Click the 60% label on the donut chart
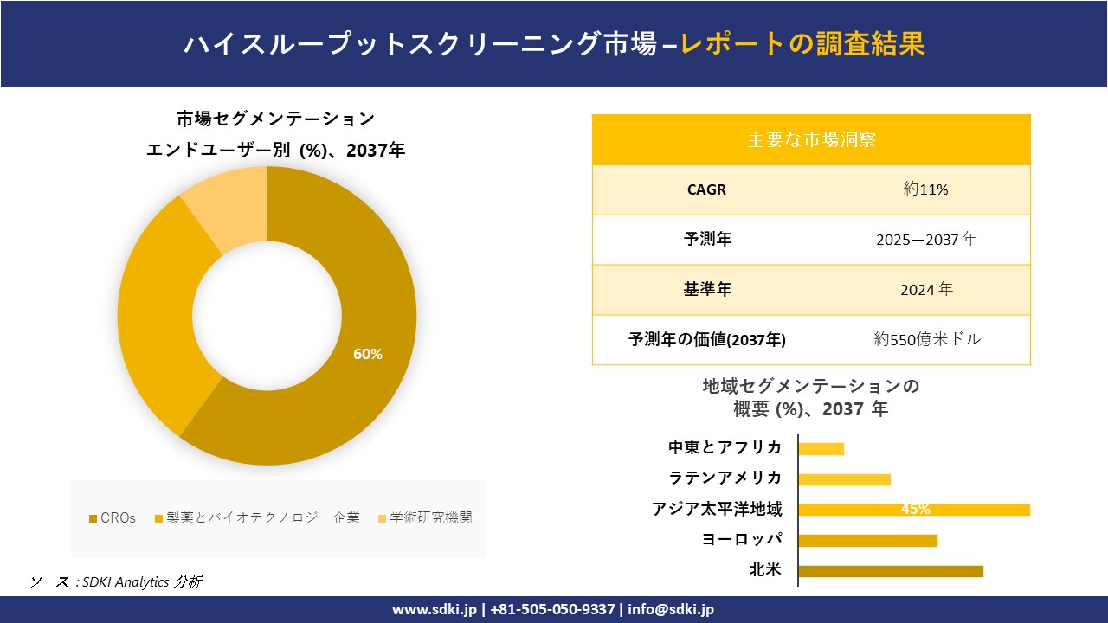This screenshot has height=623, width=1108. (368, 354)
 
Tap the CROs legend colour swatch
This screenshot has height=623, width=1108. (93, 519)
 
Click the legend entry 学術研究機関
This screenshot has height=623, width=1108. (430, 518)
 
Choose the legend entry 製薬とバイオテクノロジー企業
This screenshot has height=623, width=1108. (262, 518)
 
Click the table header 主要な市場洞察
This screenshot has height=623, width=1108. (811, 139)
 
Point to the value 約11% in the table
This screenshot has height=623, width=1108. (925, 189)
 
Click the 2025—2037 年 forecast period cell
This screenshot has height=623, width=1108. (925, 240)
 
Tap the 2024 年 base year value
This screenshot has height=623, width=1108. (925, 290)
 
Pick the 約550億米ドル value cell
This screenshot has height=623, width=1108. (927, 340)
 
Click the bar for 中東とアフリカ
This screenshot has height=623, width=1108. (821, 448)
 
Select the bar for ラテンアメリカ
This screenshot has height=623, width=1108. (844, 479)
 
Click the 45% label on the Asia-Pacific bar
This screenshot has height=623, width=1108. (915, 510)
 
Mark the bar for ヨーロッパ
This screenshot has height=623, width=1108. (867, 541)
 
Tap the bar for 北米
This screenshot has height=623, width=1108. (891, 571)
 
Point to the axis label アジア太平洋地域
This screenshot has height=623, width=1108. (717, 510)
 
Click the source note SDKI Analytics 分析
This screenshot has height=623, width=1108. (138, 581)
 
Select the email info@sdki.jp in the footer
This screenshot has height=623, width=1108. (671, 609)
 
